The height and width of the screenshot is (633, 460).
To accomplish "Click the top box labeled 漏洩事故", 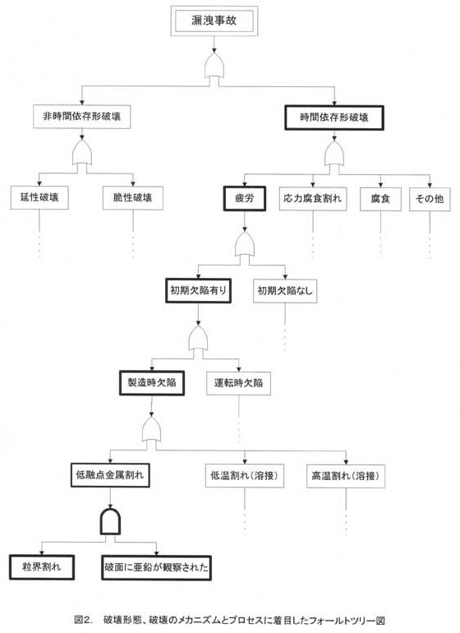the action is (214, 21).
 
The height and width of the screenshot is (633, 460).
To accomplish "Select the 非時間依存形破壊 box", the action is (82, 117).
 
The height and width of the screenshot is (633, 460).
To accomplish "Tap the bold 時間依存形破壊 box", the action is (334, 118).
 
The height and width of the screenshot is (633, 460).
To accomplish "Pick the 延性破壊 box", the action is (39, 197).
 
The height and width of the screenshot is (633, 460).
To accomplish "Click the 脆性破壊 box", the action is (133, 198).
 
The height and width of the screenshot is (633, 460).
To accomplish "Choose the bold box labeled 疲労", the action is (245, 198).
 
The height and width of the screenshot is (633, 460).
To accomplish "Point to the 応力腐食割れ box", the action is (313, 199).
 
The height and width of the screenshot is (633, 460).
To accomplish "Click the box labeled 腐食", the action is (380, 199).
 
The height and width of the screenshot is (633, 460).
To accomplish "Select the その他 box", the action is (430, 199).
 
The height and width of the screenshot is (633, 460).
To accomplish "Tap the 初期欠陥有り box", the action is (198, 291).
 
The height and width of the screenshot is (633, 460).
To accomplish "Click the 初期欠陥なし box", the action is (285, 291).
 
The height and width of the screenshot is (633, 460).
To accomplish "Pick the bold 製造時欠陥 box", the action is (152, 383).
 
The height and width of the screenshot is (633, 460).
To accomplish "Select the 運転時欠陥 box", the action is (238, 383).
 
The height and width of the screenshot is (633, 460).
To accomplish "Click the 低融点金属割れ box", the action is (110, 475).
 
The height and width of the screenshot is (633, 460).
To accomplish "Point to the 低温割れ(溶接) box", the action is (245, 475).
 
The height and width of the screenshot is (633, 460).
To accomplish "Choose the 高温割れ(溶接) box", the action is (346, 476).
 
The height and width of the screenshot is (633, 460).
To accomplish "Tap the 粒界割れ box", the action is (42, 567).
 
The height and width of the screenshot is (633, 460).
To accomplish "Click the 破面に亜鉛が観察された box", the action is (156, 567).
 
